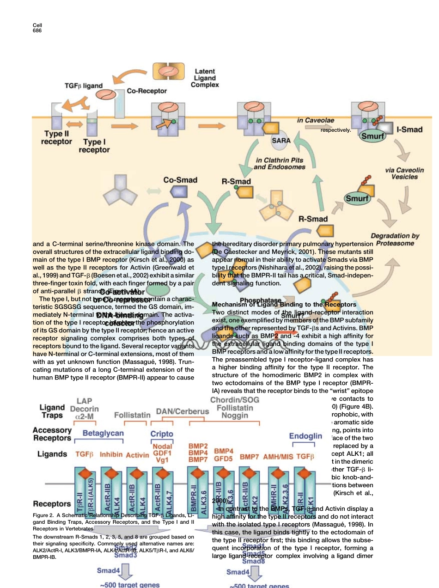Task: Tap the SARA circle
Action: click(x=281, y=141)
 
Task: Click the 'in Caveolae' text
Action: click(x=316, y=120)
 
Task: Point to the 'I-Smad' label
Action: click(x=409, y=129)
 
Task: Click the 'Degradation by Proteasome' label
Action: click(x=395, y=239)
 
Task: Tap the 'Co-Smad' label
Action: click(x=180, y=180)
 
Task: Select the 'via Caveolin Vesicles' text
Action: click(x=404, y=173)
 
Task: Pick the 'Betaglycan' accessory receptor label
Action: click(x=103, y=433)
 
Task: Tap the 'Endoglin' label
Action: click(x=305, y=435)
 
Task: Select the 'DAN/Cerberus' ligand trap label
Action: click(x=183, y=411)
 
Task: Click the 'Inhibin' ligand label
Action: click(x=111, y=455)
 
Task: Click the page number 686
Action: click(x=37, y=31)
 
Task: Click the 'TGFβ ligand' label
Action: click(x=83, y=86)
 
